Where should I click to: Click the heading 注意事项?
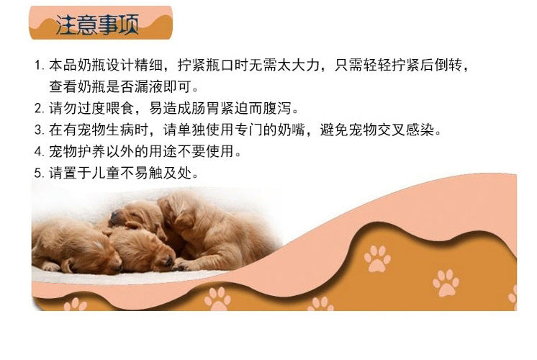click(x=97, y=24)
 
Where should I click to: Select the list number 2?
click(x=39, y=108)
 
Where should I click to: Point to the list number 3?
click(x=39, y=130)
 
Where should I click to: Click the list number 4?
click(x=39, y=151)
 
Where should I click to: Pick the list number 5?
click(x=39, y=173)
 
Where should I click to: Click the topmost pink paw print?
click(x=377, y=258)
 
